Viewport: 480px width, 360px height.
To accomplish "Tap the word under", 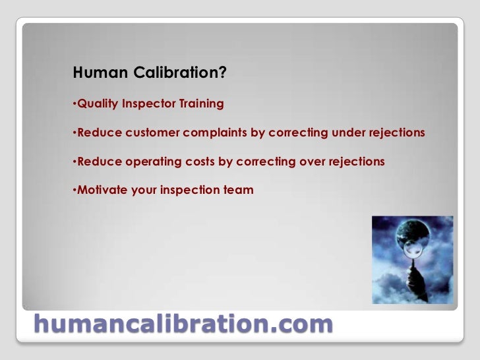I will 346,133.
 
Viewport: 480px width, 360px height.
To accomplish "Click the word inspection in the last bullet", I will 188,190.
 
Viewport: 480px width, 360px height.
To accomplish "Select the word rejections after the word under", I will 394,133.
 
